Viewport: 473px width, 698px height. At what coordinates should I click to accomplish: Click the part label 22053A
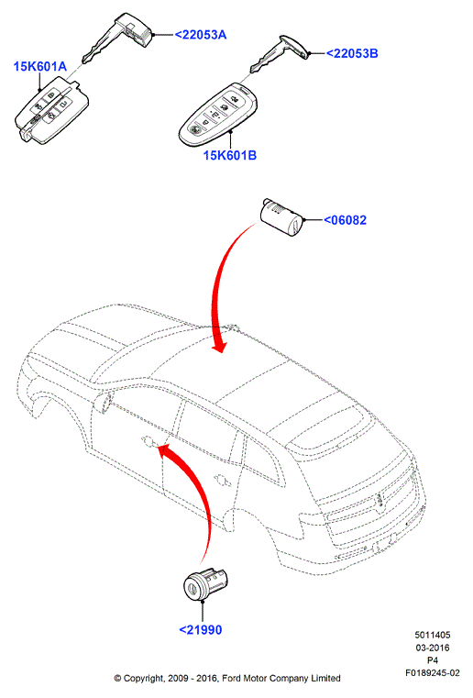[200, 35]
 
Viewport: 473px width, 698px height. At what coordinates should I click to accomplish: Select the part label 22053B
[352, 53]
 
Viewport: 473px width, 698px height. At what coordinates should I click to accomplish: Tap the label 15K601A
[40, 67]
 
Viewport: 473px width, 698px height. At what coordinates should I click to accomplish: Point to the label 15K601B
[230, 155]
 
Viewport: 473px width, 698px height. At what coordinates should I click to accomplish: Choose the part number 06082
[345, 220]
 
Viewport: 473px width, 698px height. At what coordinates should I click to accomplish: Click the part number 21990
[200, 630]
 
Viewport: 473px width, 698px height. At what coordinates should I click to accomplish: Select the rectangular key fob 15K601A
[52, 110]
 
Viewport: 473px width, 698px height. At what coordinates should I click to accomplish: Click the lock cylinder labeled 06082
[281, 216]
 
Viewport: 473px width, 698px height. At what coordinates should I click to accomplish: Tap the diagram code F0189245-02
[432, 672]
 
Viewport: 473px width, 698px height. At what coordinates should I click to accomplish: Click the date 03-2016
[433, 648]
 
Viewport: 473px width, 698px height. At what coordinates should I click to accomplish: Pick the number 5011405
[433, 636]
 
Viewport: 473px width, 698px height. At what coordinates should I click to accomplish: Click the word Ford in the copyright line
[231, 679]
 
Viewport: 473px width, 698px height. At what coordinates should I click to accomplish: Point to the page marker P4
[433, 660]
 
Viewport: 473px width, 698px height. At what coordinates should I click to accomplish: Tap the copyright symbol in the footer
[118, 679]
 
